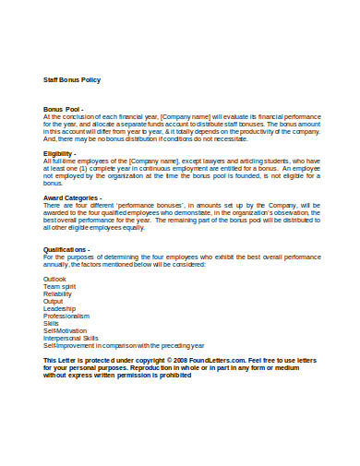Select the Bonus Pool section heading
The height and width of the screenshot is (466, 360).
(x=63, y=109)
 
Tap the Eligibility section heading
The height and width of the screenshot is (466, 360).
(x=62, y=153)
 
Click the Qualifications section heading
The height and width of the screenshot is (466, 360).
(x=66, y=249)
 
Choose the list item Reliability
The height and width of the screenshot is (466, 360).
(x=57, y=293)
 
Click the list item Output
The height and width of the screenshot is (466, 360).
(x=54, y=301)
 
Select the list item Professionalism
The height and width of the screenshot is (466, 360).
(x=66, y=316)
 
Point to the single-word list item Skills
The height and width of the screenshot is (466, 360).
(x=51, y=323)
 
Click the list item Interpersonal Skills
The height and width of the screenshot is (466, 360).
(x=71, y=338)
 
